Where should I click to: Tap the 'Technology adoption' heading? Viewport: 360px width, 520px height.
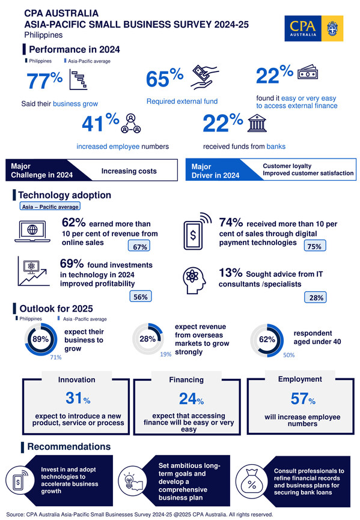pyautogui.click(x=64, y=195)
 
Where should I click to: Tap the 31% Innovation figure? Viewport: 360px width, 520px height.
pyautogui.click(x=76, y=398)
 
